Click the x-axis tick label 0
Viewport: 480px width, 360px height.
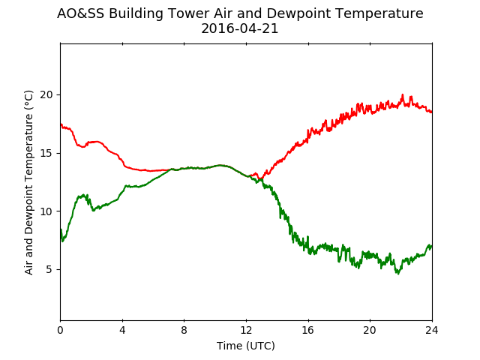click(x=60, y=330)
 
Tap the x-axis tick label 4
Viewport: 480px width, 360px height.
click(x=122, y=330)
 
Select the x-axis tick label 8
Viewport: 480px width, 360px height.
click(x=184, y=330)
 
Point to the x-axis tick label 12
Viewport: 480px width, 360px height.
click(x=247, y=330)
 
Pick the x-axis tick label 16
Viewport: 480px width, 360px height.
click(x=308, y=330)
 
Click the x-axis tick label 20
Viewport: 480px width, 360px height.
click(x=370, y=330)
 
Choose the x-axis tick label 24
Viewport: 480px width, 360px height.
click(x=432, y=330)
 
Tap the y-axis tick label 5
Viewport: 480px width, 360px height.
click(x=49, y=270)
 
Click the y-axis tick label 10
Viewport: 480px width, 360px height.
click(x=46, y=211)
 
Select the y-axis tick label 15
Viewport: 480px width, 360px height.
click(x=46, y=153)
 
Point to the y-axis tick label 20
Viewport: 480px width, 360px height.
click(x=46, y=94)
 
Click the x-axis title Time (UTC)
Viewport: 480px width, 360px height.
click(x=246, y=346)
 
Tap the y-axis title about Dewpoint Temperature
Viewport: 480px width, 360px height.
click(x=28, y=182)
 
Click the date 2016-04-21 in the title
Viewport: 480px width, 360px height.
click(x=240, y=28)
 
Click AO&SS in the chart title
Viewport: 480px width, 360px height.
click(x=80, y=13)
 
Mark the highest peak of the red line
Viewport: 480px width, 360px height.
click(x=403, y=94)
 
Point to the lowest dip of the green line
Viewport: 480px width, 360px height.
click(x=398, y=274)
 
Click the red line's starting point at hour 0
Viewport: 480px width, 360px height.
click(x=61, y=124)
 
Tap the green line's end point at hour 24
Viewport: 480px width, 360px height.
click(x=432, y=246)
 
